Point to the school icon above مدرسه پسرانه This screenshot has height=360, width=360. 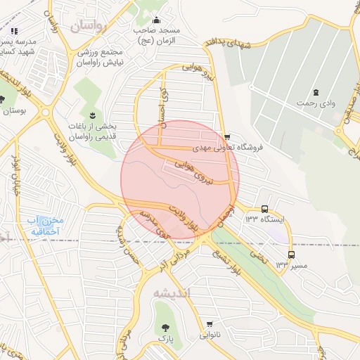[x=14, y=30]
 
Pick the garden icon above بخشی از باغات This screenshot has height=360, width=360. [x=91, y=115]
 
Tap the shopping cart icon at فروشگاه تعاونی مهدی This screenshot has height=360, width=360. [x=226, y=137]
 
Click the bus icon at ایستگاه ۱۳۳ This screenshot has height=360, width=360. [x=265, y=209]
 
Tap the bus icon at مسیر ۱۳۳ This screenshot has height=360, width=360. [x=291, y=255]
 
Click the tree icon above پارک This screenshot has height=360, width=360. [x=166, y=328]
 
